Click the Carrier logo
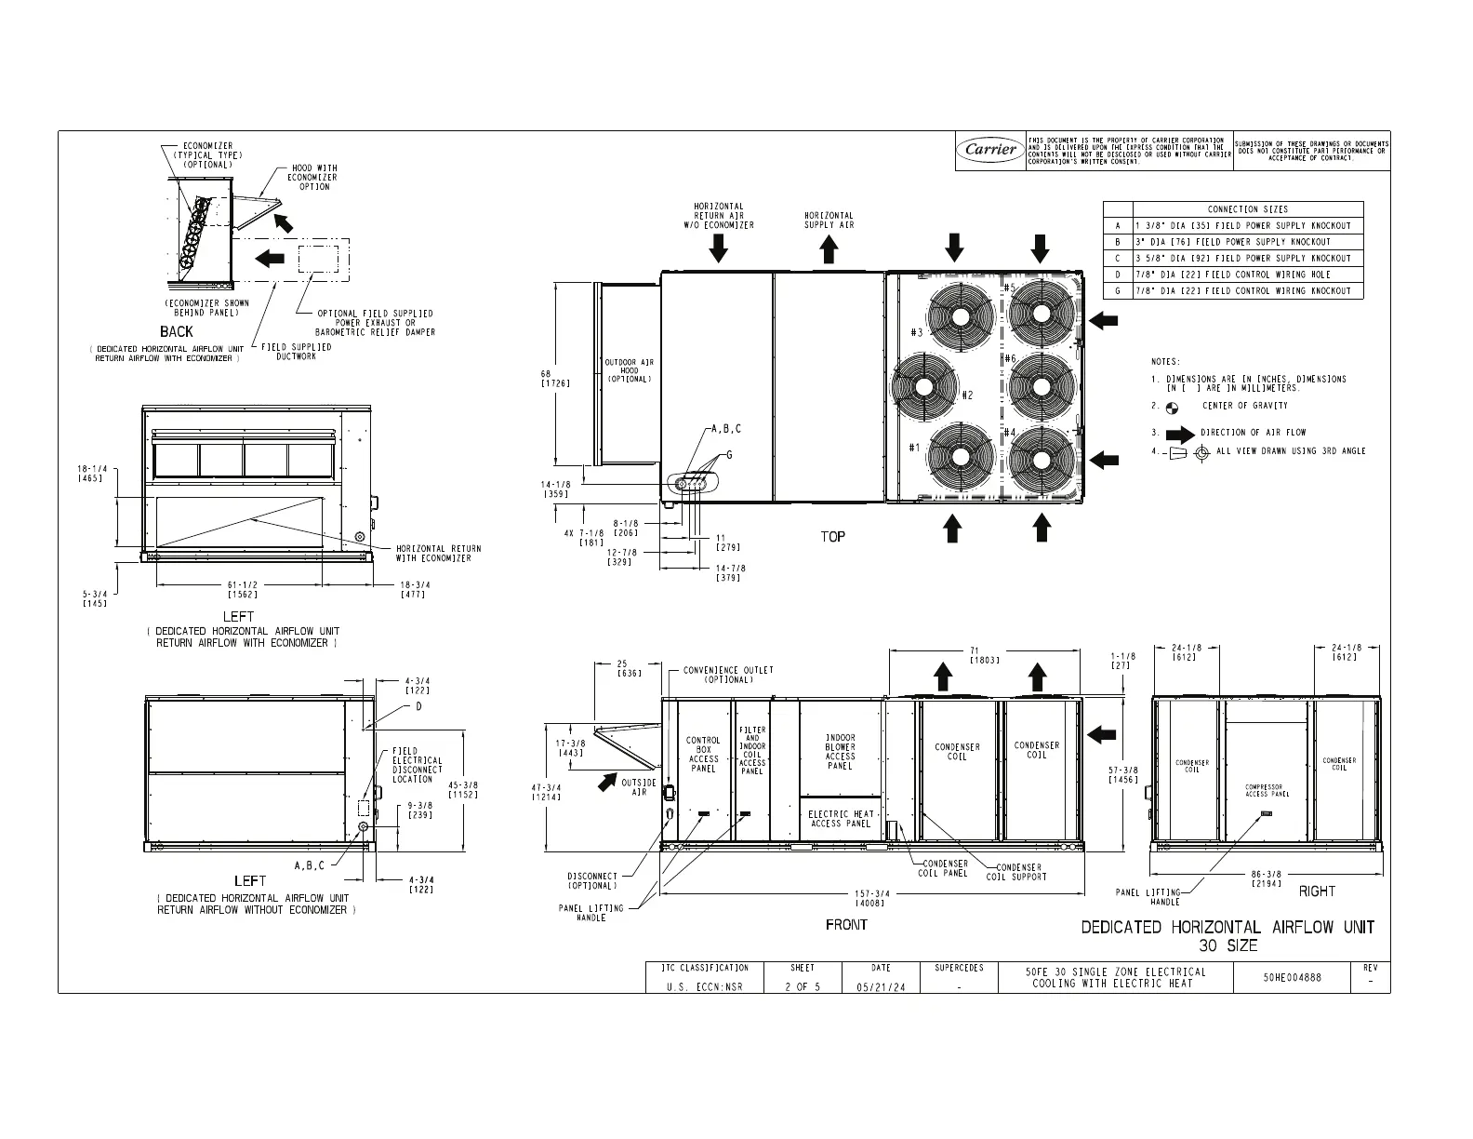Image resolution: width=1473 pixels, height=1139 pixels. [990, 150]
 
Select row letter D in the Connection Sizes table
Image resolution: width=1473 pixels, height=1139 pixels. [1118, 275]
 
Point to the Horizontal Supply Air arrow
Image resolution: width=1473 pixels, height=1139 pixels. [829, 248]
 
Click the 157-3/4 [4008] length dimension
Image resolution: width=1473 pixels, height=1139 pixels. [871, 898]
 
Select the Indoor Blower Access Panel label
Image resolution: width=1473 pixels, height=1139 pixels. [840, 752]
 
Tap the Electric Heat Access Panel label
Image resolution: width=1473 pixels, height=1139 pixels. [840, 818]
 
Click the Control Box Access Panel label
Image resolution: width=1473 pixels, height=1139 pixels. [703, 755]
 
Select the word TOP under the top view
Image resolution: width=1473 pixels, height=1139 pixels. [833, 537]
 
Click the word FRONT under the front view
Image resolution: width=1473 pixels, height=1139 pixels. [846, 925]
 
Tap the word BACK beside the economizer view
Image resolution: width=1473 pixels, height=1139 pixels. [177, 332]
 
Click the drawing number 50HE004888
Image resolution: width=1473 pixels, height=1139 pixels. [1292, 978]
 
